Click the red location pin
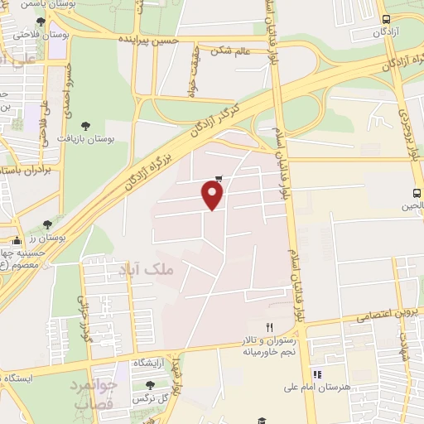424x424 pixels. [x=213, y=195]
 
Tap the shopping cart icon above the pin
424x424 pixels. [x=219, y=177]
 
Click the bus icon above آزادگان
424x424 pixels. [x=386, y=19]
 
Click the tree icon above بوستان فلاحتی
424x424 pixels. [x=41, y=21]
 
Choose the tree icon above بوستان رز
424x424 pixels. [x=47, y=224]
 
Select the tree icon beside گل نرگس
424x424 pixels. [x=150, y=385]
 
